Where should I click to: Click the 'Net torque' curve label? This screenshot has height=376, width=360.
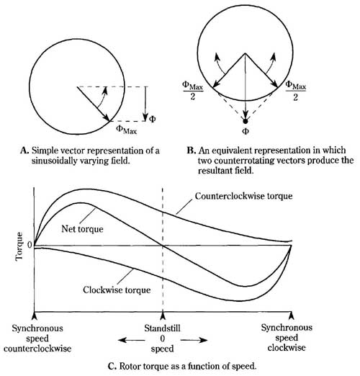coord(82,229)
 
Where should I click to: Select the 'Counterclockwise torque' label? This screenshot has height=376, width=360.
coord(243,196)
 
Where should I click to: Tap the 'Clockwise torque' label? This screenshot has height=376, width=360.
coord(117,290)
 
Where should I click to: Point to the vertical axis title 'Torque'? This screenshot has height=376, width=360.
coord(19,246)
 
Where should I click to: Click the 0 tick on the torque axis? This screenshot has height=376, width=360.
coord(30,245)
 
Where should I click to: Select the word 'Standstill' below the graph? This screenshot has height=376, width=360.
coord(162,328)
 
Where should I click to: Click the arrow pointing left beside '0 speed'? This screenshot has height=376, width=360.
coord(132,340)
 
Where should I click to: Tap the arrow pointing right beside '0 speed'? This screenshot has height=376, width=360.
coord(194,340)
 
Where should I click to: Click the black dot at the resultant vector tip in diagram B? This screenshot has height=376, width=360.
coord(245,122)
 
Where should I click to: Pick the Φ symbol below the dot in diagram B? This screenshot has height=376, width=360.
coord(246,131)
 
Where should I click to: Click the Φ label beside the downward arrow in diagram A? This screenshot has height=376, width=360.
coord(153,119)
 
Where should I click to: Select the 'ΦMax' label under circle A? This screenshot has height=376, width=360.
coord(127,130)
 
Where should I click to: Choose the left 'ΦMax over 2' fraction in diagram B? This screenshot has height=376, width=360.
coord(193,91)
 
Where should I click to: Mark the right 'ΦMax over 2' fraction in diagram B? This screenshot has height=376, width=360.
coord(296,91)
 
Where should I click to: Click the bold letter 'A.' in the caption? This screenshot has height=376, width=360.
coord(24,151)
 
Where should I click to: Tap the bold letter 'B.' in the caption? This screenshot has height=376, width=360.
coord(192,151)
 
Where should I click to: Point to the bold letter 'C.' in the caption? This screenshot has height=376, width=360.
coord(112,367)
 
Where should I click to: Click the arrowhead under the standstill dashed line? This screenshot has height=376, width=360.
coord(163,315)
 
